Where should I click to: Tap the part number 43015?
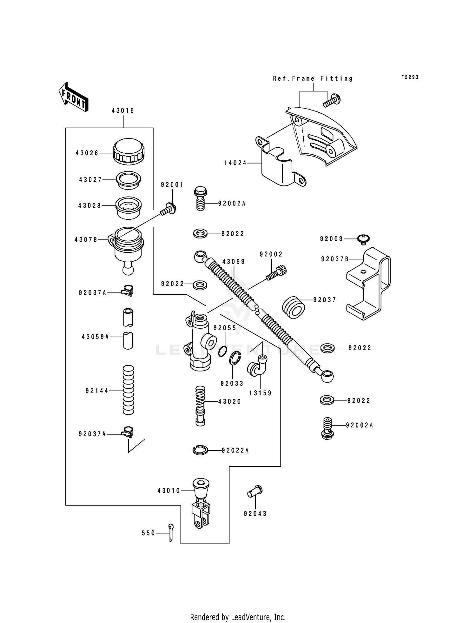tap(123, 111)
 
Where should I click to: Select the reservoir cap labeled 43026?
tap(129, 151)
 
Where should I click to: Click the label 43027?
tap(90, 180)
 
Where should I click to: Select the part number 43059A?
tap(95, 337)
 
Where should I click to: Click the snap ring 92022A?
tap(200, 450)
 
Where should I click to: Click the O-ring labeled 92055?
tap(223, 351)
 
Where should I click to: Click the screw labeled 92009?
tap(364, 238)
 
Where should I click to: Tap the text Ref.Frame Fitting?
tap(313, 78)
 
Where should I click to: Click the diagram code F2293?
tap(410, 77)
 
